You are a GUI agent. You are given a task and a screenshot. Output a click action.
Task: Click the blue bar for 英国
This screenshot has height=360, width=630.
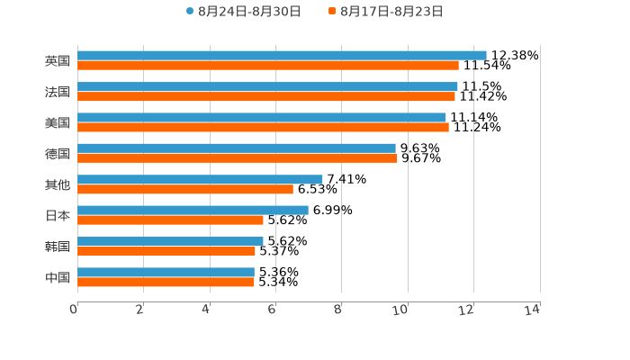pyautogui.click(x=282, y=56)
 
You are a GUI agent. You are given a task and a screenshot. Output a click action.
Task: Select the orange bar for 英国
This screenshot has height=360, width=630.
pyautogui.click(x=268, y=66)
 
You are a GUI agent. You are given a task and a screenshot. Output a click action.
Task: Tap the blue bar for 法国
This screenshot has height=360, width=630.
pyautogui.click(x=267, y=86)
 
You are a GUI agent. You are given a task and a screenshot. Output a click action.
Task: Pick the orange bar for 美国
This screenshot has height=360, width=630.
pyautogui.click(x=263, y=127)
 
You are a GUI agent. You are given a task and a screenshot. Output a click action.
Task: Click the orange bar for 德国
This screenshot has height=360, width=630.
pyautogui.click(x=238, y=158)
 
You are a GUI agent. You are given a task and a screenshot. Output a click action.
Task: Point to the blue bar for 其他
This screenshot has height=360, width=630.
pyautogui.click(x=200, y=179)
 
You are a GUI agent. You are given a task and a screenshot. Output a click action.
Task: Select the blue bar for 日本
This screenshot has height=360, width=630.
pyautogui.click(x=193, y=210)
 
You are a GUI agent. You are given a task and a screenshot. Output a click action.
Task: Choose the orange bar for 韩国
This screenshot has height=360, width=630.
pyautogui.click(x=166, y=251)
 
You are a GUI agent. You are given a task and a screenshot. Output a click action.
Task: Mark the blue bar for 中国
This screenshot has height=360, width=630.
pyautogui.click(x=166, y=272)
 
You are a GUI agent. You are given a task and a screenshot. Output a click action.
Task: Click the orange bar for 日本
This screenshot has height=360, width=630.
pyautogui.click(x=170, y=220)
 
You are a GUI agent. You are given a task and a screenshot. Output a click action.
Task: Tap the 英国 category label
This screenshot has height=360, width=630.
pyautogui.click(x=58, y=61)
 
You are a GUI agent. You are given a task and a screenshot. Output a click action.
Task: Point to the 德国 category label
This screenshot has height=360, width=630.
pyautogui.click(x=58, y=154)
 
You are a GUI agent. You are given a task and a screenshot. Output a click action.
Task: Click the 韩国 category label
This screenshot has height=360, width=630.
pyautogui.click(x=58, y=247)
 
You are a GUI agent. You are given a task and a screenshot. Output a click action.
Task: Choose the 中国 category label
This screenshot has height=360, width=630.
pyautogui.click(x=58, y=277)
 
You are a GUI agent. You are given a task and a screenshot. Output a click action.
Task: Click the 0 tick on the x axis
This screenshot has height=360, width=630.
pyautogui.click(x=75, y=310)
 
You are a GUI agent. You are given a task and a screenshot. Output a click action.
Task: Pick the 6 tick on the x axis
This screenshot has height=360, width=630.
pyautogui.click(x=272, y=310)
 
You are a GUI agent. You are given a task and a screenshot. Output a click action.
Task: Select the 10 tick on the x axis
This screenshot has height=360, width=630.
pyautogui.click(x=401, y=310)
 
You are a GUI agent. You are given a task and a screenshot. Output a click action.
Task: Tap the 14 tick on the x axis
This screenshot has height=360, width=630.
pyautogui.click(x=533, y=310)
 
